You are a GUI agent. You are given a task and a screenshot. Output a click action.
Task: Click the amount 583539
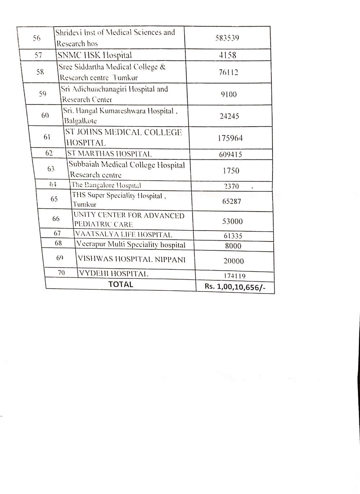pos(227,38)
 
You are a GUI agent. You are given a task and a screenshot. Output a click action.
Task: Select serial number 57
pos(38,55)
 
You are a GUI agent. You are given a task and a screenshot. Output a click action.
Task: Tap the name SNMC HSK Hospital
pos(95,55)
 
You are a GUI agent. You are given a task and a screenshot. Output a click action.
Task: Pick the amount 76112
pos(228,72)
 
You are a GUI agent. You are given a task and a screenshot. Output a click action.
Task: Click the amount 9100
pos(229,95)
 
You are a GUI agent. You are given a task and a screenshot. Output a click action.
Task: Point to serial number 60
pos(45,115)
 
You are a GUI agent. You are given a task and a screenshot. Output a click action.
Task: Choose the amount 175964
pos(230,138)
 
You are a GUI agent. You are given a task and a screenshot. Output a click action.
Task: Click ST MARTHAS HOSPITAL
pos(109,154)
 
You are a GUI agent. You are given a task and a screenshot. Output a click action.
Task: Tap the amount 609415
pos(230,155)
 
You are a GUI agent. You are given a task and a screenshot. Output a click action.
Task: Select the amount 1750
pos(231,171)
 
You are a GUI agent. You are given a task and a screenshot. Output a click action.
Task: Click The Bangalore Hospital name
pos(106,186)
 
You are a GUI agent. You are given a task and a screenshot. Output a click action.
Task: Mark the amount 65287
pos(231,201)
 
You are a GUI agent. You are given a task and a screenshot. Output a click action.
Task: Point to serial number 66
pos(56,219)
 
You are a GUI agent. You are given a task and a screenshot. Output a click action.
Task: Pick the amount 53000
pos(232,221)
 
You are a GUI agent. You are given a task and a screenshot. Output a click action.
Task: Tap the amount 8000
pos(233,246)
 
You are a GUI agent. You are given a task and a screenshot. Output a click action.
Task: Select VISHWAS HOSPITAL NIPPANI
pos(131,259)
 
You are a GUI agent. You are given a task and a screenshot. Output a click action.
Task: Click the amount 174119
pos(234,276)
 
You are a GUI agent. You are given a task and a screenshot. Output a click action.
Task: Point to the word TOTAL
pos(121,284)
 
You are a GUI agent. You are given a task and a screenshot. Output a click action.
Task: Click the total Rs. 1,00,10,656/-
pos(235,287)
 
